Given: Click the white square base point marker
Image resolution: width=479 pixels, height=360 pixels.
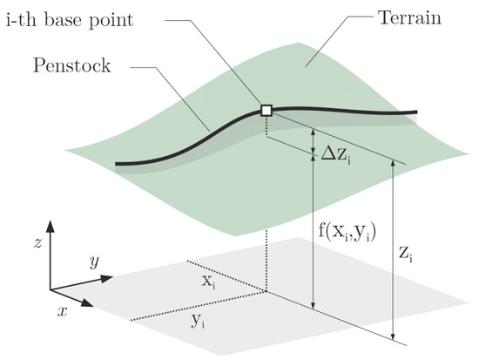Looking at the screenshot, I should click(x=267, y=110).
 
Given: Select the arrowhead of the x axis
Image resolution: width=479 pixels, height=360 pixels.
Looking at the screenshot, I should click(x=91, y=304).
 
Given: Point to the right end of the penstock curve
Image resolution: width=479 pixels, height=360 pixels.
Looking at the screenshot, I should click(x=416, y=112).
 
